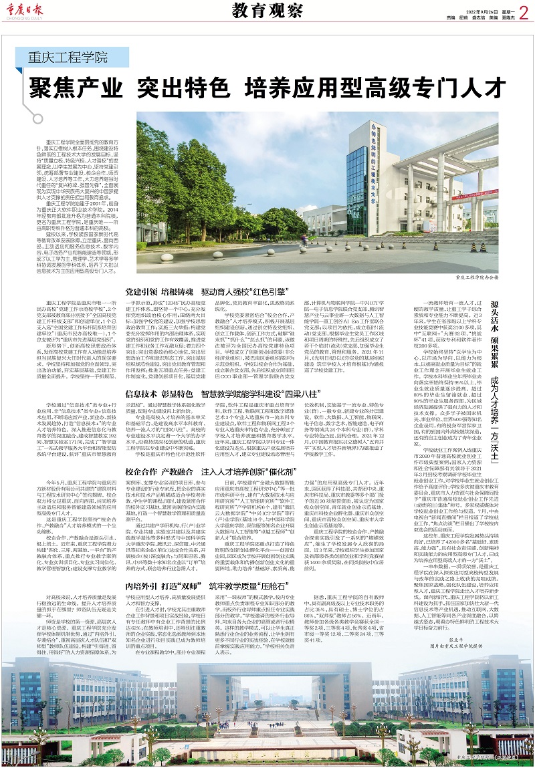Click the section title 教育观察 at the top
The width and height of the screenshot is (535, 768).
click(266, 11)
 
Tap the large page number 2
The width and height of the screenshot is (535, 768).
click(522, 11)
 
